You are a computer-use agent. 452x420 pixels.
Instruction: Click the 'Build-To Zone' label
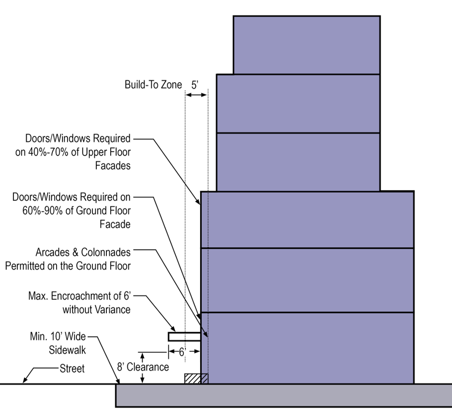[153, 85]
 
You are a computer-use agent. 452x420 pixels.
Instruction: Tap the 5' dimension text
[195, 85]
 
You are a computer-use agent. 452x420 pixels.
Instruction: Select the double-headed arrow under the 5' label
[197, 95]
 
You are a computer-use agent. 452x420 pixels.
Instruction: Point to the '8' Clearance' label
[142, 367]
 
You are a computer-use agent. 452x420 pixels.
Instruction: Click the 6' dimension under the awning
[182, 351]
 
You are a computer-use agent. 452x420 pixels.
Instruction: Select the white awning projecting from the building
[184, 337]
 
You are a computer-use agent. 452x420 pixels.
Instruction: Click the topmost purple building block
[306, 45]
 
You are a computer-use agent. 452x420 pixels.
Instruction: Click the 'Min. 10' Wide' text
[57, 337]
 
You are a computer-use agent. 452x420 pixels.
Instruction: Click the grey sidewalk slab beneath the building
[283, 395]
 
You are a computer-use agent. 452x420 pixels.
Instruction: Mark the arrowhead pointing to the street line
[25, 380]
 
